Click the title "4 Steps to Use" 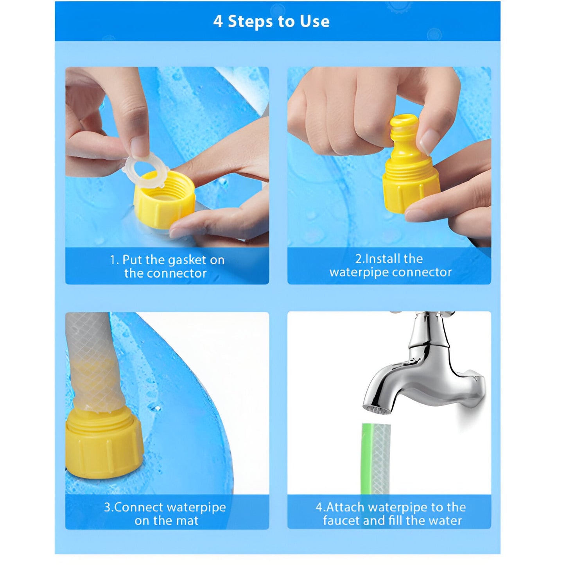[271, 22]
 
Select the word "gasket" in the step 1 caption [184, 260]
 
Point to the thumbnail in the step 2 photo [428, 142]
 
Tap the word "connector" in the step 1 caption [177, 274]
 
